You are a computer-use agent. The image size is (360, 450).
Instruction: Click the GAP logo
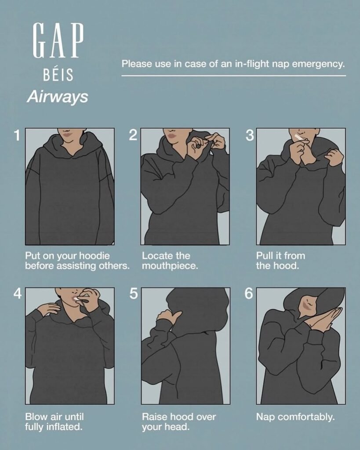58,41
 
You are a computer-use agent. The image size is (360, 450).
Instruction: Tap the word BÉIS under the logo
58,75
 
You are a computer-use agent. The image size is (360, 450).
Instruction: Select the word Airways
58,97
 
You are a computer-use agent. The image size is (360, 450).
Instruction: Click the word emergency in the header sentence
318,64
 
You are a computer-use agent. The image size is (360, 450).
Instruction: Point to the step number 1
18,135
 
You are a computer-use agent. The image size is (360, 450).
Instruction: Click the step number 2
133,135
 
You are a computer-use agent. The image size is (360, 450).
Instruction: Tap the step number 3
250,135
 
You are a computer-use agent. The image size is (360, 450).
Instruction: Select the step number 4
18,293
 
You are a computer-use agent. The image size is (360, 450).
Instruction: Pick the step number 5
134,294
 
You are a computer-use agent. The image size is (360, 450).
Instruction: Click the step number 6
249,294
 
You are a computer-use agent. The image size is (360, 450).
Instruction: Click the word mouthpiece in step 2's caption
170,266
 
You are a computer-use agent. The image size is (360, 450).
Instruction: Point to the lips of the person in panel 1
67,134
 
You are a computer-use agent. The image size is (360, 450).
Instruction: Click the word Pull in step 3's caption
264,255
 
